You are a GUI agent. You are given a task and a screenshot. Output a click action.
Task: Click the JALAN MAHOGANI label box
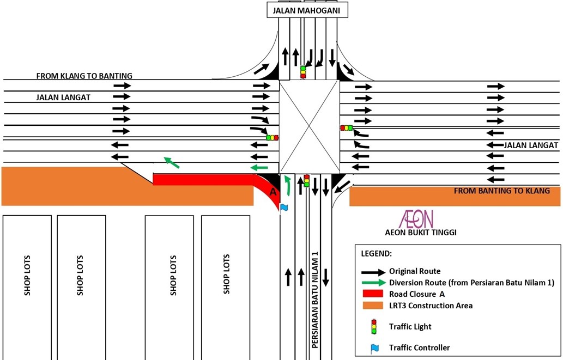click(x=307, y=10)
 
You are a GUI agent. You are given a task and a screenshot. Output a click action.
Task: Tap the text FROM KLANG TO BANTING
click(x=84, y=76)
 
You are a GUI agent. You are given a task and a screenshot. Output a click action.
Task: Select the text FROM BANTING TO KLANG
click(x=502, y=191)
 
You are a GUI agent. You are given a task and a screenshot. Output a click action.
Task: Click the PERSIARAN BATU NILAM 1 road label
click(x=314, y=299)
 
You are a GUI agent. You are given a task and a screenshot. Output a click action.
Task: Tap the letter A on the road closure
click(x=274, y=192)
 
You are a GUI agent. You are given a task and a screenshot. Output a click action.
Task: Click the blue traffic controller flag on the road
click(x=283, y=207)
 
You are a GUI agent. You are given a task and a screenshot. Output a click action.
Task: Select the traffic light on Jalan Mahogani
click(x=303, y=72)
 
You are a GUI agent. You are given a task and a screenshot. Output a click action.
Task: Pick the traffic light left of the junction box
click(x=272, y=138)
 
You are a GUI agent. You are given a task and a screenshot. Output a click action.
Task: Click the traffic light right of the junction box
click(x=346, y=128)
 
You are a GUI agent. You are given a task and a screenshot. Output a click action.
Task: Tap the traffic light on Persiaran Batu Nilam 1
click(x=306, y=180)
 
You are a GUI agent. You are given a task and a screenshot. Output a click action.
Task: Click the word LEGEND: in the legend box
click(x=376, y=254)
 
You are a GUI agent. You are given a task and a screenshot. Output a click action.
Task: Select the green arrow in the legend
click(x=373, y=283)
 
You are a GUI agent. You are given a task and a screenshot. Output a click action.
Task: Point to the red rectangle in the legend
click(x=373, y=294)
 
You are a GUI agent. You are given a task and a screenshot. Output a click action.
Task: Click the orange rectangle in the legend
click(x=373, y=306)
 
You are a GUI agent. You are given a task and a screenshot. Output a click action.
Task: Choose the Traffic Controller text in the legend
click(x=419, y=347)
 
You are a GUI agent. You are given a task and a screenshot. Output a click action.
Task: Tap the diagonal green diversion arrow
click(x=172, y=162)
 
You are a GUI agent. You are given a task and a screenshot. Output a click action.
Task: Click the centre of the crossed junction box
click(x=310, y=126)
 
